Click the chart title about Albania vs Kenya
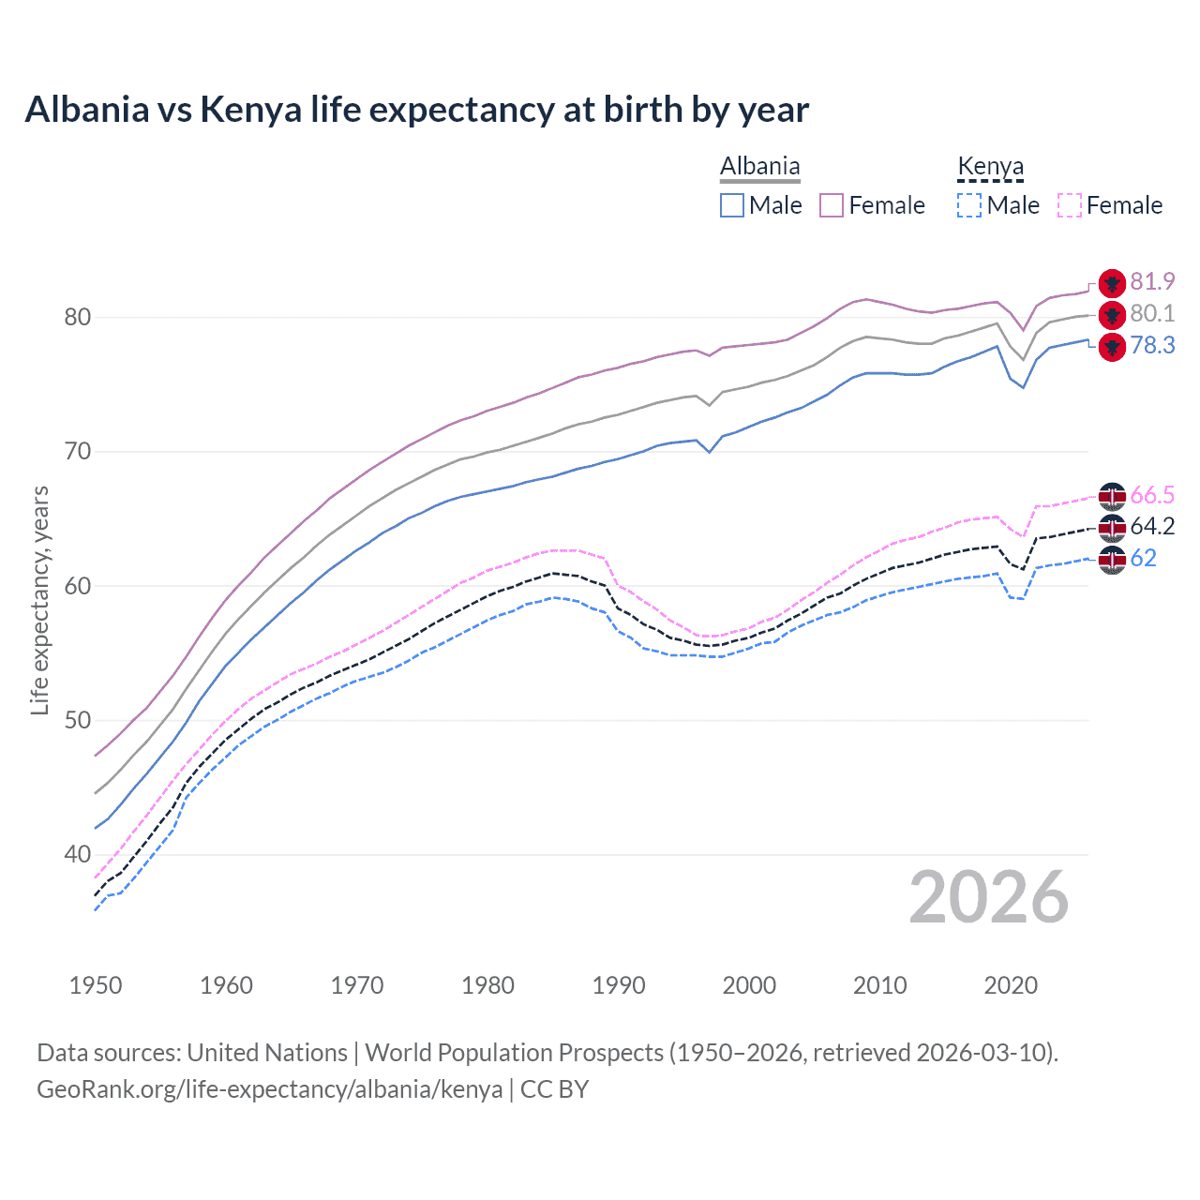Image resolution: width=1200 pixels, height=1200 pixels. click(x=416, y=110)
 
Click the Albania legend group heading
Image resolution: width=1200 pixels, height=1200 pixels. click(x=759, y=166)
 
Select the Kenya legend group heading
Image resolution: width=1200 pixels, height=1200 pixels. click(x=990, y=166)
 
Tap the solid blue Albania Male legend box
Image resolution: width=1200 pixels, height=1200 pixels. click(x=732, y=205)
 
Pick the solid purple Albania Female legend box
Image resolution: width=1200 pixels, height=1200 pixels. click(x=832, y=205)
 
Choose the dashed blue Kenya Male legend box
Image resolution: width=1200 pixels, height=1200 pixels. click(x=969, y=205)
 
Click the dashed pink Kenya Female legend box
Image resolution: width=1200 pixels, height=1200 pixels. click(x=1070, y=205)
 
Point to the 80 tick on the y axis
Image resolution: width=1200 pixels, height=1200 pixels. click(x=78, y=317)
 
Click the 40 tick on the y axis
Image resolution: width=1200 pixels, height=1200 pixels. click(x=78, y=854)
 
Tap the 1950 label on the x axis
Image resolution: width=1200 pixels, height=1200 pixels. click(x=96, y=985)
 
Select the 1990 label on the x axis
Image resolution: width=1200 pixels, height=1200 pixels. click(x=619, y=985)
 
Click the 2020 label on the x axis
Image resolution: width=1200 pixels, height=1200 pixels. click(x=1011, y=985)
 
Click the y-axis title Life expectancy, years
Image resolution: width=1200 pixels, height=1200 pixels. click(x=39, y=600)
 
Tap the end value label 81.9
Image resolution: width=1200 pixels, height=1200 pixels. click(x=1152, y=282)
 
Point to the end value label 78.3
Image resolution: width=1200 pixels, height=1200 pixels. click(x=1152, y=346)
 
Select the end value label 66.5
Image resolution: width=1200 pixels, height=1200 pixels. click(x=1152, y=495)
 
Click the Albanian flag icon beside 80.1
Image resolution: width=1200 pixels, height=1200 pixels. click(x=1112, y=315)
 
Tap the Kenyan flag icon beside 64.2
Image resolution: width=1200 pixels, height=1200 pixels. click(x=1112, y=528)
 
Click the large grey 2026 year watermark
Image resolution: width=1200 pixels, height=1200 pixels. click(x=988, y=897)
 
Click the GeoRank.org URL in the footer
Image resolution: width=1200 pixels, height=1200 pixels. click(x=270, y=1089)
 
